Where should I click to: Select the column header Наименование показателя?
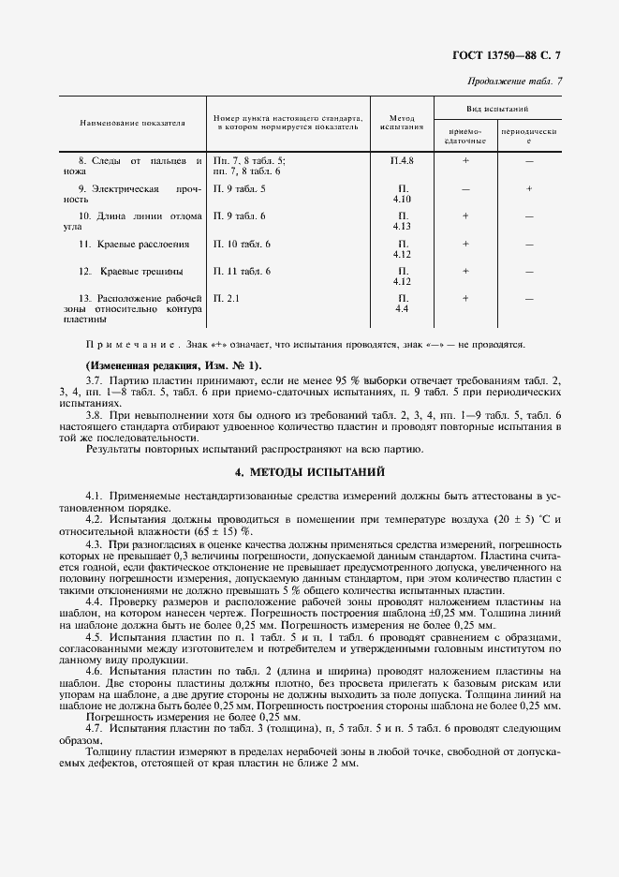(x=132, y=123)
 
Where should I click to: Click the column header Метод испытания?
(x=402, y=122)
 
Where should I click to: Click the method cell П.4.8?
(x=402, y=161)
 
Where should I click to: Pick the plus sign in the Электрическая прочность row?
(x=529, y=188)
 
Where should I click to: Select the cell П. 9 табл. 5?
(x=240, y=188)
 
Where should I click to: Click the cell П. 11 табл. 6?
(x=242, y=271)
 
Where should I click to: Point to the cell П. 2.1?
(x=227, y=298)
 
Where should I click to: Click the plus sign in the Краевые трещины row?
(x=465, y=271)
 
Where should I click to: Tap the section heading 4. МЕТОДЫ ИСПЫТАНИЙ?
(x=309, y=471)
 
